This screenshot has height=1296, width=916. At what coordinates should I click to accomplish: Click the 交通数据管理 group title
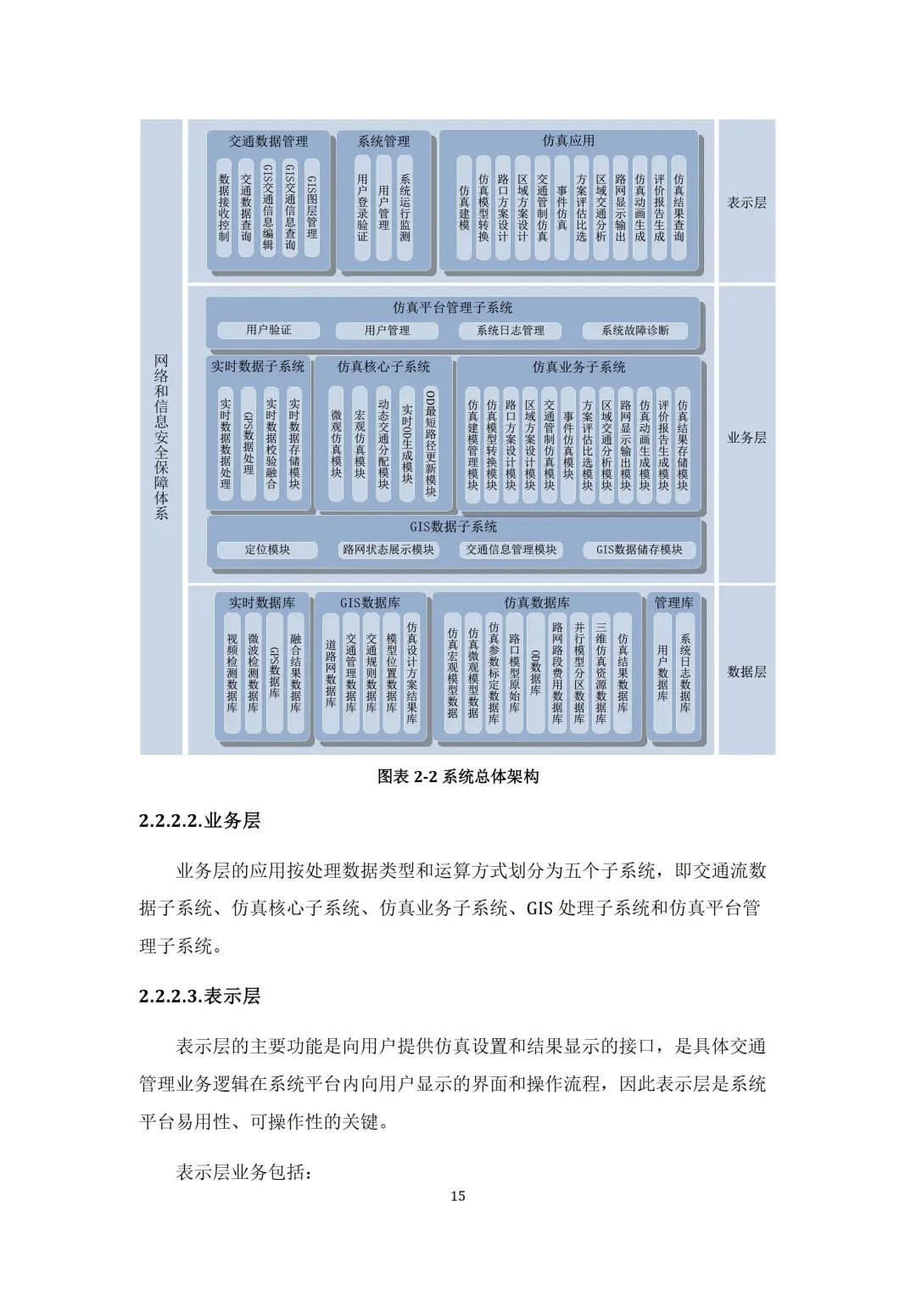point(268,142)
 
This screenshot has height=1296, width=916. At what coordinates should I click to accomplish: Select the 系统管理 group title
point(383,142)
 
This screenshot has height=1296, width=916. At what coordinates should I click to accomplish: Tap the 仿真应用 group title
point(568,141)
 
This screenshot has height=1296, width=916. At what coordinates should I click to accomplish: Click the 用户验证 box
point(268,330)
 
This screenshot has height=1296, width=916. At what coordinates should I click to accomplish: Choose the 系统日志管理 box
point(511,331)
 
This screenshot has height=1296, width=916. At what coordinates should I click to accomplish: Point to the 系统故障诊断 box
point(635,331)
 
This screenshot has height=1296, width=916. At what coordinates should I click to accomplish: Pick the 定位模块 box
point(267,550)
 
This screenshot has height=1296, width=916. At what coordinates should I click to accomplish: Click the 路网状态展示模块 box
point(388,550)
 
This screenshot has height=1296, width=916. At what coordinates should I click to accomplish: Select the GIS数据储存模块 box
point(640,550)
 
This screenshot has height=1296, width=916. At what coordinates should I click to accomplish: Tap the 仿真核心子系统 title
point(383,367)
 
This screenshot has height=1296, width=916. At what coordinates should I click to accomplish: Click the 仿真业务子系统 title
point(578,367)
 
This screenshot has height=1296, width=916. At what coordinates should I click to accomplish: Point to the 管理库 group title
point(673,603)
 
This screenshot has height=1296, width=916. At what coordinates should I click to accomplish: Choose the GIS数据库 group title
point(370,603)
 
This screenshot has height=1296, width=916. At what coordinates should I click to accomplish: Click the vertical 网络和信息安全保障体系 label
point(161,437)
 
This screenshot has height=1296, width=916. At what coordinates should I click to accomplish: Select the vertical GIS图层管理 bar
point(311,208)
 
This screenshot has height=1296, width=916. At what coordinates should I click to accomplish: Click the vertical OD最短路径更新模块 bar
point(430,444)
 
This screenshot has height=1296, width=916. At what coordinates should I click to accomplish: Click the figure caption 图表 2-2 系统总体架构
point(457,776)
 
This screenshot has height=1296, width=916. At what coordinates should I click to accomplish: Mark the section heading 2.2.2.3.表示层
point(199,996)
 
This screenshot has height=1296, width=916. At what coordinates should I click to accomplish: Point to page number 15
point(457,1196)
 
